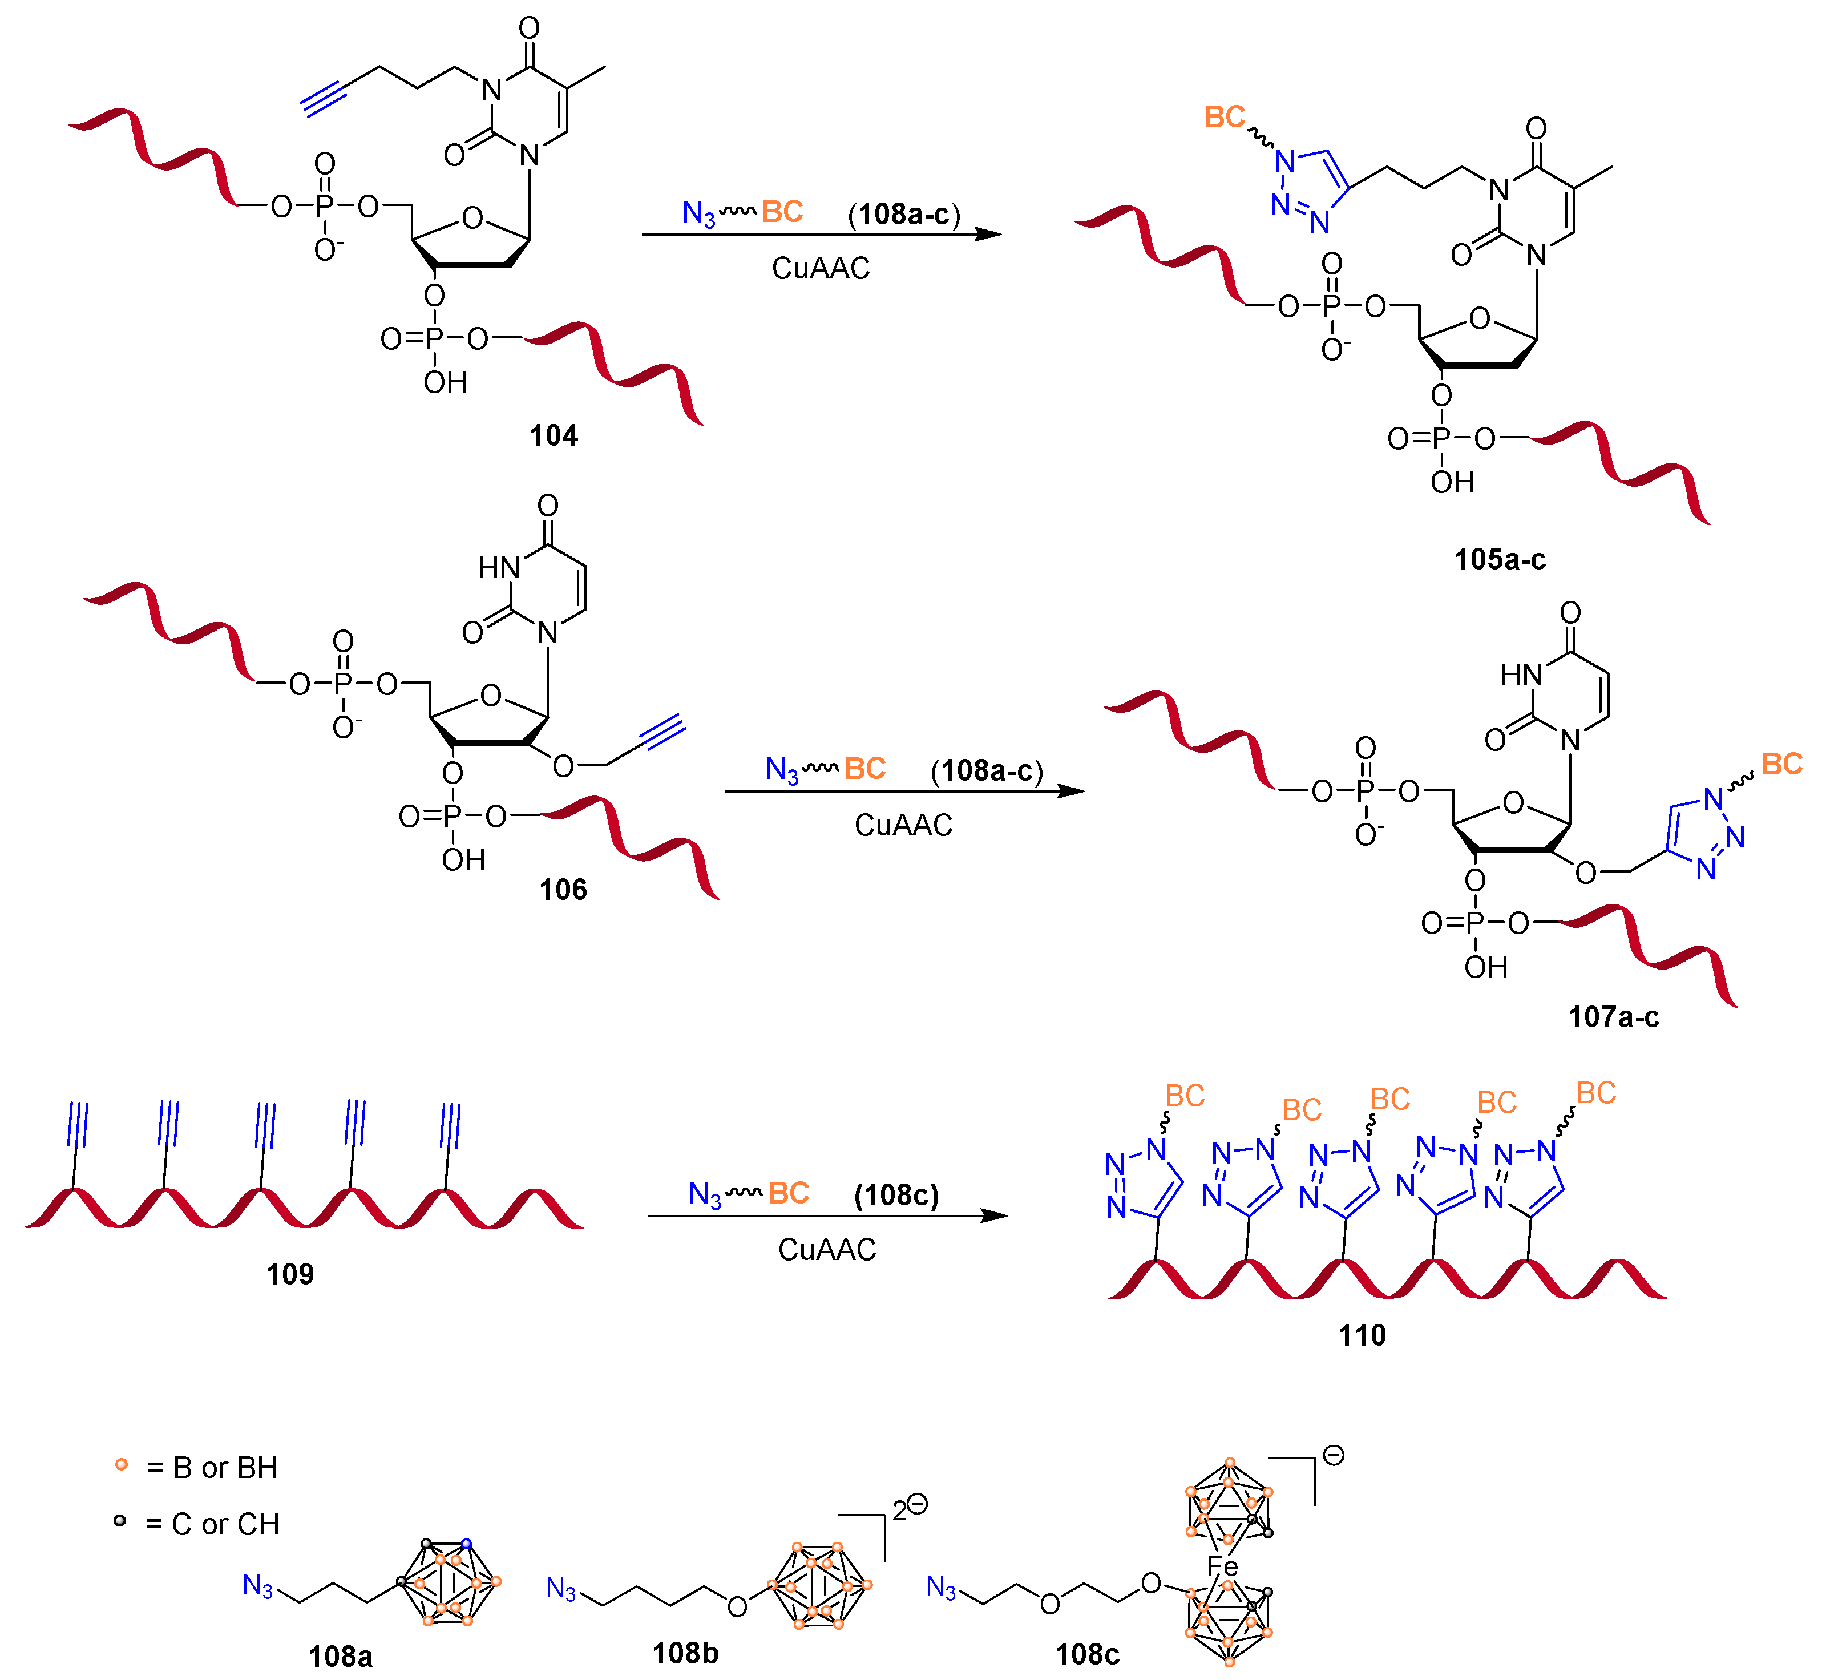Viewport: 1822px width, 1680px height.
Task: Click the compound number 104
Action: (x=554, y=437)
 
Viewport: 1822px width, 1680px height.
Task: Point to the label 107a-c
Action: (x=1613, y=1016)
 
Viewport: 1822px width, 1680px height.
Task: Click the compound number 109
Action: (x=290, y=1274)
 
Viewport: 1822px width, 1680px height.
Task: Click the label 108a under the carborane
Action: (x=340, y=1657)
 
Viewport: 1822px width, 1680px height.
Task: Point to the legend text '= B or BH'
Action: (x=212, y=1467)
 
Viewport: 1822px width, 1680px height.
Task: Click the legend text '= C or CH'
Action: (x=212, y=1524)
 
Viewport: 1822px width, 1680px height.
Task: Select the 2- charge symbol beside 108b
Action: (x=909, y=1510)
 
